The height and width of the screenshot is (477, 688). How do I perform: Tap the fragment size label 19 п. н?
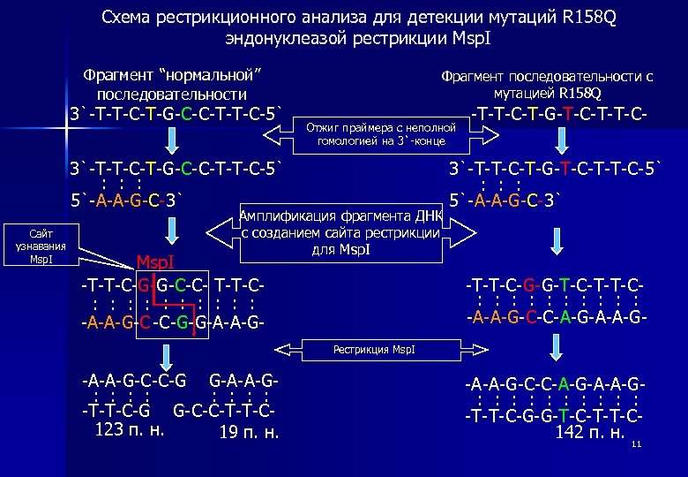(250, 433)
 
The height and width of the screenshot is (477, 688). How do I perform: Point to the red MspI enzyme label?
(160, 261)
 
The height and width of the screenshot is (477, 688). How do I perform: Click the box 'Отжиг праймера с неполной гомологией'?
(381, 133)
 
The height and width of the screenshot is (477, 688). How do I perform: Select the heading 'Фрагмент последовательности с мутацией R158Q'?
(547, 84)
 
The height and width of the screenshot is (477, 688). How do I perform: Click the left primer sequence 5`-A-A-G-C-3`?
(127, 199)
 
